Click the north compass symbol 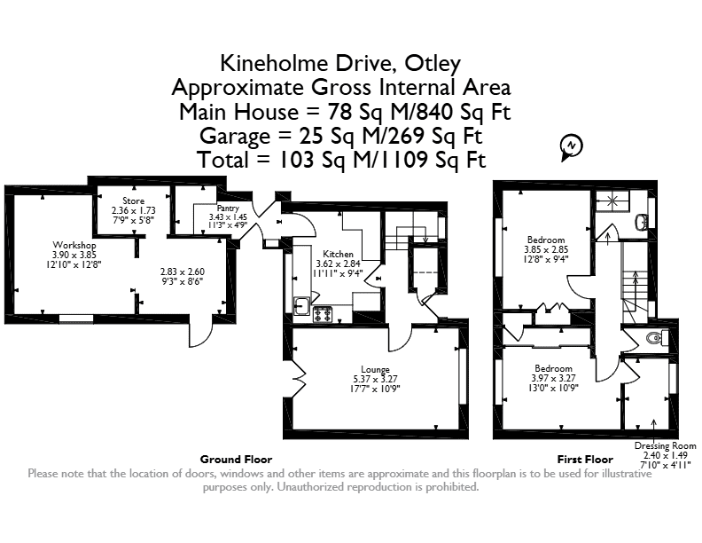pos(572,147)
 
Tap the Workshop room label pos(74,245)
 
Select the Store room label pos(134,201)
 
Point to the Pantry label pos(228,209)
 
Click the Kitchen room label pos(338,254)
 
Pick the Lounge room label pos(375,370)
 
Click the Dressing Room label pos(666,445)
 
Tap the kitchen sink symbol pos(301,306)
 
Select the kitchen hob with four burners pos(323,314)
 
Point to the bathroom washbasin pos(641,221)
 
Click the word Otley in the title pos(433,63)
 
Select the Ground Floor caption pos(236,460)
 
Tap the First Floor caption pos(585,460)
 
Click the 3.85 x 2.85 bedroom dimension pos(546,249)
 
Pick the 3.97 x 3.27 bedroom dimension pos(553,378)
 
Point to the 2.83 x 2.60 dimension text pos(183,272)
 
